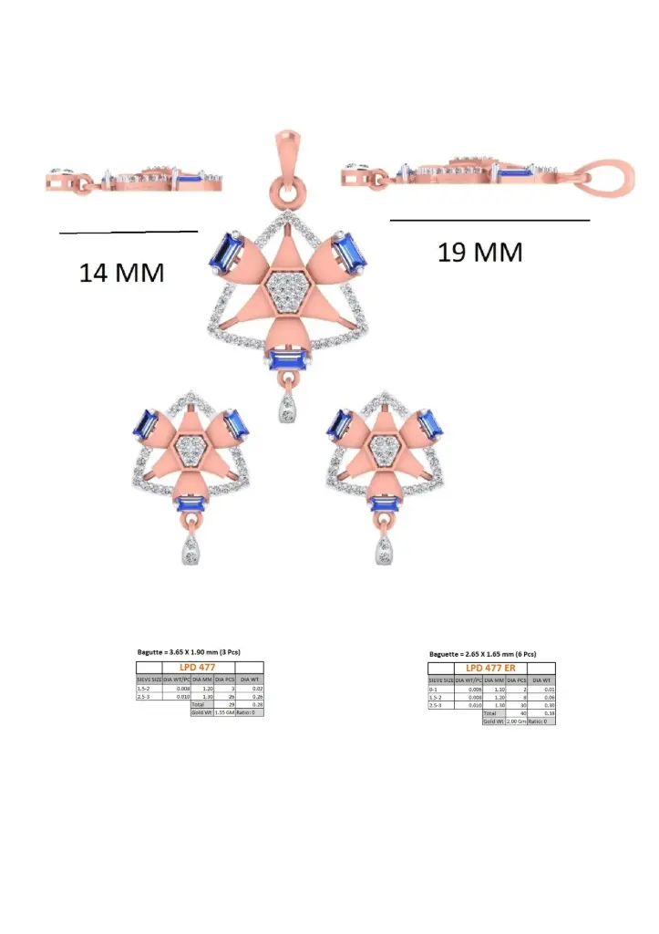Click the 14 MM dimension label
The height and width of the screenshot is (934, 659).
click(x=121, y=272)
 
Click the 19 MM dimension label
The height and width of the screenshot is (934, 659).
click(x=480, y=252)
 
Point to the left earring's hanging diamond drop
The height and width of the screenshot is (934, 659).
click(x=191, y=550)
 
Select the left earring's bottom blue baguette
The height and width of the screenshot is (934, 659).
click(x=191, y=503)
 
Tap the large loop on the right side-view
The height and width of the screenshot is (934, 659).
click(x=610, y=181)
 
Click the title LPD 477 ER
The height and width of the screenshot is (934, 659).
click(x=491, y=669)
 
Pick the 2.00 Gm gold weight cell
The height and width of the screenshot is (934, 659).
click(x=516, y=721)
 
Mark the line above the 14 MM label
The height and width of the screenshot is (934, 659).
click(x=128, y=232)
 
